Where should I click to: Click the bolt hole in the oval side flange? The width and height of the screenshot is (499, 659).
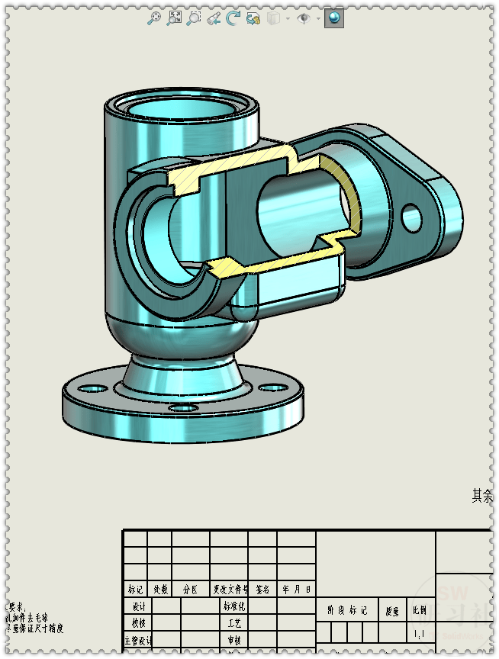tap(412, 217)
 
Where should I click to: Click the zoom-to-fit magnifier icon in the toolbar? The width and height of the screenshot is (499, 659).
tap(154, 18)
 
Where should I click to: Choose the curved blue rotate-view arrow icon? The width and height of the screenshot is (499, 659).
tap(233, 18)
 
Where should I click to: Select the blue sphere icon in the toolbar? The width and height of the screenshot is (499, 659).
tap(333, 18)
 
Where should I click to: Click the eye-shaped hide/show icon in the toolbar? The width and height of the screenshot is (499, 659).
tap(304, 18)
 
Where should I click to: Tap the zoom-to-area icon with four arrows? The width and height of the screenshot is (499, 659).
tap(175, 18)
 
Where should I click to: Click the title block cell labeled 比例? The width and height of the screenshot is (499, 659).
tap(420, 610)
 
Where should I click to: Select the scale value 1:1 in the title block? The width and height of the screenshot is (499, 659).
tap(420, 634)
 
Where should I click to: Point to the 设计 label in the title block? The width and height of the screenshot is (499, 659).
tap(138, 606)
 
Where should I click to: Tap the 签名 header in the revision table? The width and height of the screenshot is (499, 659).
tap(262, 590)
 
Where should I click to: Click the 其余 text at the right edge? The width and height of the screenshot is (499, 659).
tap(482, 496)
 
